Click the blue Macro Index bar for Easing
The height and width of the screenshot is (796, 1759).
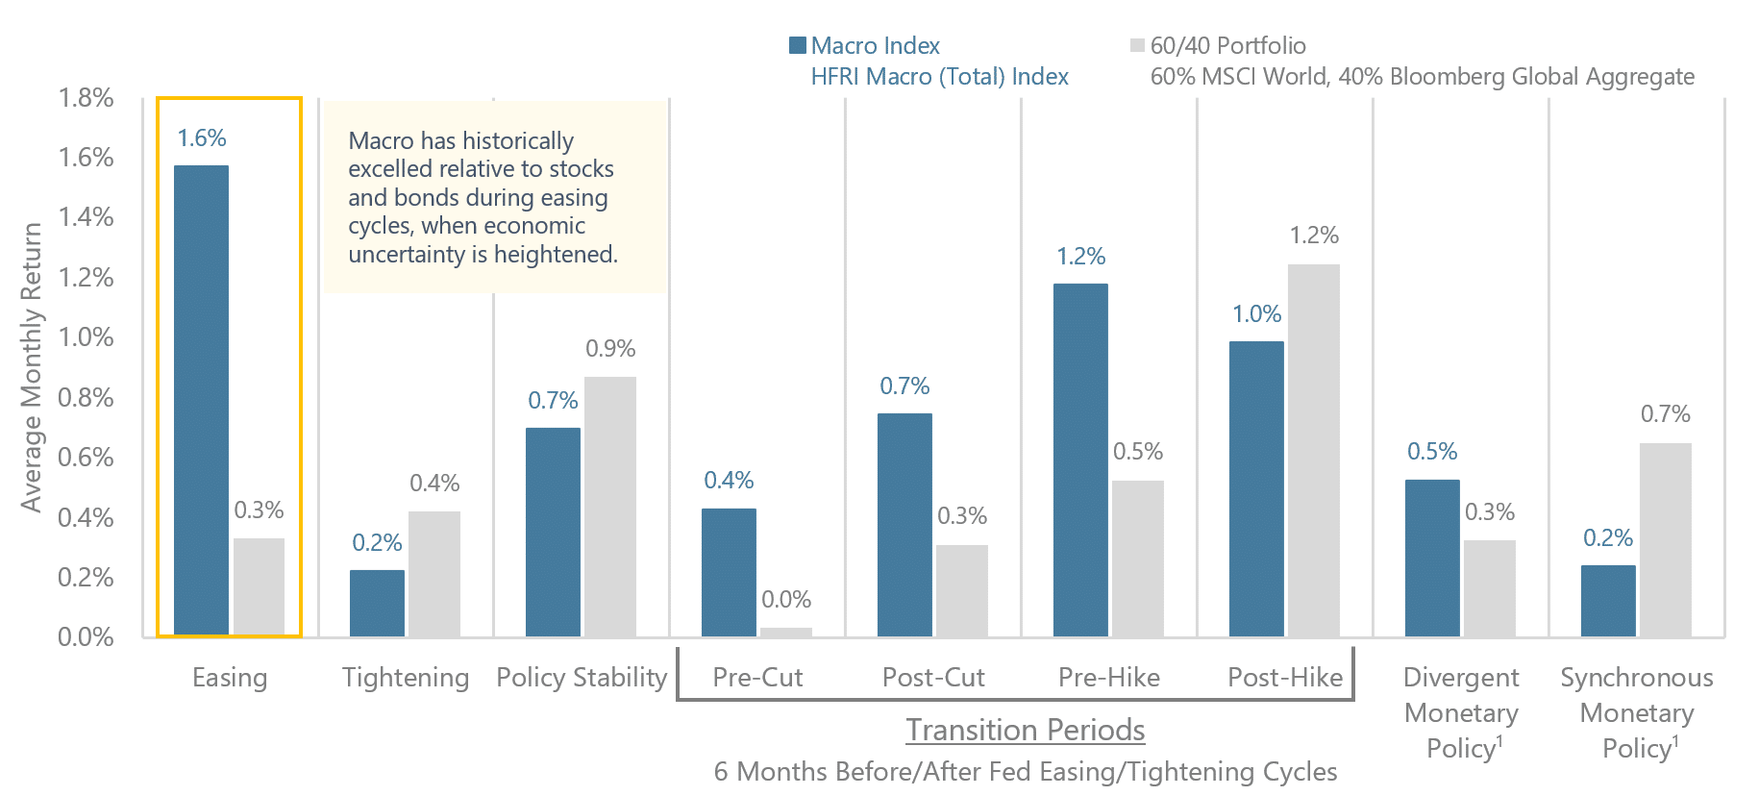pos(201,400)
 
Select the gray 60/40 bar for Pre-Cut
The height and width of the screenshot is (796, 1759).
pos(785,632)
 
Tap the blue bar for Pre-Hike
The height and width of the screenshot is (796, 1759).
pos(1080,460)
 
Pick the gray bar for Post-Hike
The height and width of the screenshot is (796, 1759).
pos(1313,450)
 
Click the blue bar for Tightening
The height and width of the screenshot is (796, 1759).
pos(377,603)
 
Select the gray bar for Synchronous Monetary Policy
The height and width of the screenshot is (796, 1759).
pos(1665,539)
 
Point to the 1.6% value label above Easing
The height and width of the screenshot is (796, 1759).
pos(202,138)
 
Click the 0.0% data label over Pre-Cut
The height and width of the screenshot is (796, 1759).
pos(786,600)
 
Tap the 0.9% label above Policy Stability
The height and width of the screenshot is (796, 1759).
pos(610,349)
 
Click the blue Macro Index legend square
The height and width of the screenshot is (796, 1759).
pos(797,45)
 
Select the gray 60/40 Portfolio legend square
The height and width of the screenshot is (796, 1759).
pos(1137,45)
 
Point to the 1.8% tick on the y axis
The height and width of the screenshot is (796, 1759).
pos(86,98)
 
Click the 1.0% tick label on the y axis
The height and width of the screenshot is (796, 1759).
pos(86,337)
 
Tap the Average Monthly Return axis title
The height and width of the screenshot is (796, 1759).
pos(32,367)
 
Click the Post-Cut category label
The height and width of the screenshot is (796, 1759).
pos(933,678)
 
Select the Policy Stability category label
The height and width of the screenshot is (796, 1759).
pos(582,678)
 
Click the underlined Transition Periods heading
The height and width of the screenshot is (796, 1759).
pos(1025,731)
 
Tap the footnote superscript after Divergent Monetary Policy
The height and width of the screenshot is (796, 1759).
pos(1499,740)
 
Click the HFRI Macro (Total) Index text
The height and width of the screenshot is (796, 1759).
pos(939,77)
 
